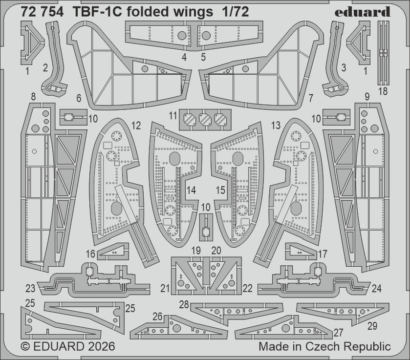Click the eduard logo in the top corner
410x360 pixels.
coord(363,12)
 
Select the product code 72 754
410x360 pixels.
coord(42,13)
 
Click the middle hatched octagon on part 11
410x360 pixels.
coord(205,119)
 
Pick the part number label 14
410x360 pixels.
coord(192,191)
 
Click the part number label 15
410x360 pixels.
coord(221,191)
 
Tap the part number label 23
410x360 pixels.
coord(31,288)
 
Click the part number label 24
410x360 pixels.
coord(376,288)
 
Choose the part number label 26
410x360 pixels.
coord(157,317)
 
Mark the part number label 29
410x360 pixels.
coord(372,325)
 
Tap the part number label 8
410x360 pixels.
coord(33,97)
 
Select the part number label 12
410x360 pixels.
coord(136,126)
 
